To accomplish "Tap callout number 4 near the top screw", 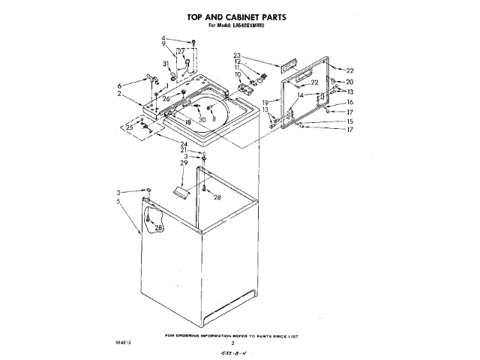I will click(163, 38).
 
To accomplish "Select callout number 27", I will click(180, 51).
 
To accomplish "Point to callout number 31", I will click(166, 64).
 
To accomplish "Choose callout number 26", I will click(166, 98).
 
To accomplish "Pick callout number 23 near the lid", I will click(236, 55).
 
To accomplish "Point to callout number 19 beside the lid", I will click(265, 102).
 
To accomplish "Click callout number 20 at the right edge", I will click(349, 82).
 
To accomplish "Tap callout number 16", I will click(349, 102).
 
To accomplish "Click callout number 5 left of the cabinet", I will click(118, 200).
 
